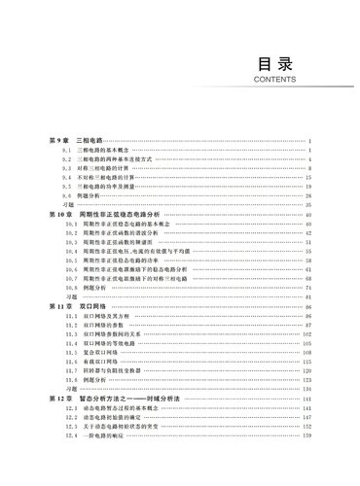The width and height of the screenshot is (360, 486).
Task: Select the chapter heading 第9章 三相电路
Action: (70, 142)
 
